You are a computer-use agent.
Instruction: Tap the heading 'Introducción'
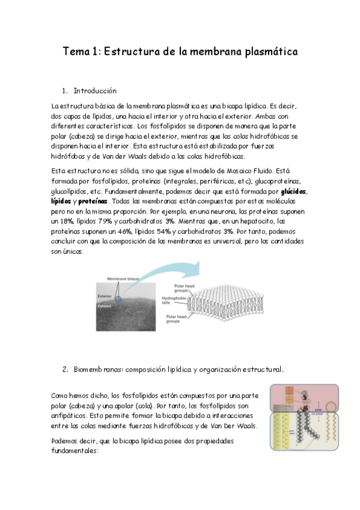point(94,91)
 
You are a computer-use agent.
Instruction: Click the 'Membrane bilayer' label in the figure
point(123,279)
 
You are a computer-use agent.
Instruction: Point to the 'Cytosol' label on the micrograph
point(106,306)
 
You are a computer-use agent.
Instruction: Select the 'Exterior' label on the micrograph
point(106,296)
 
